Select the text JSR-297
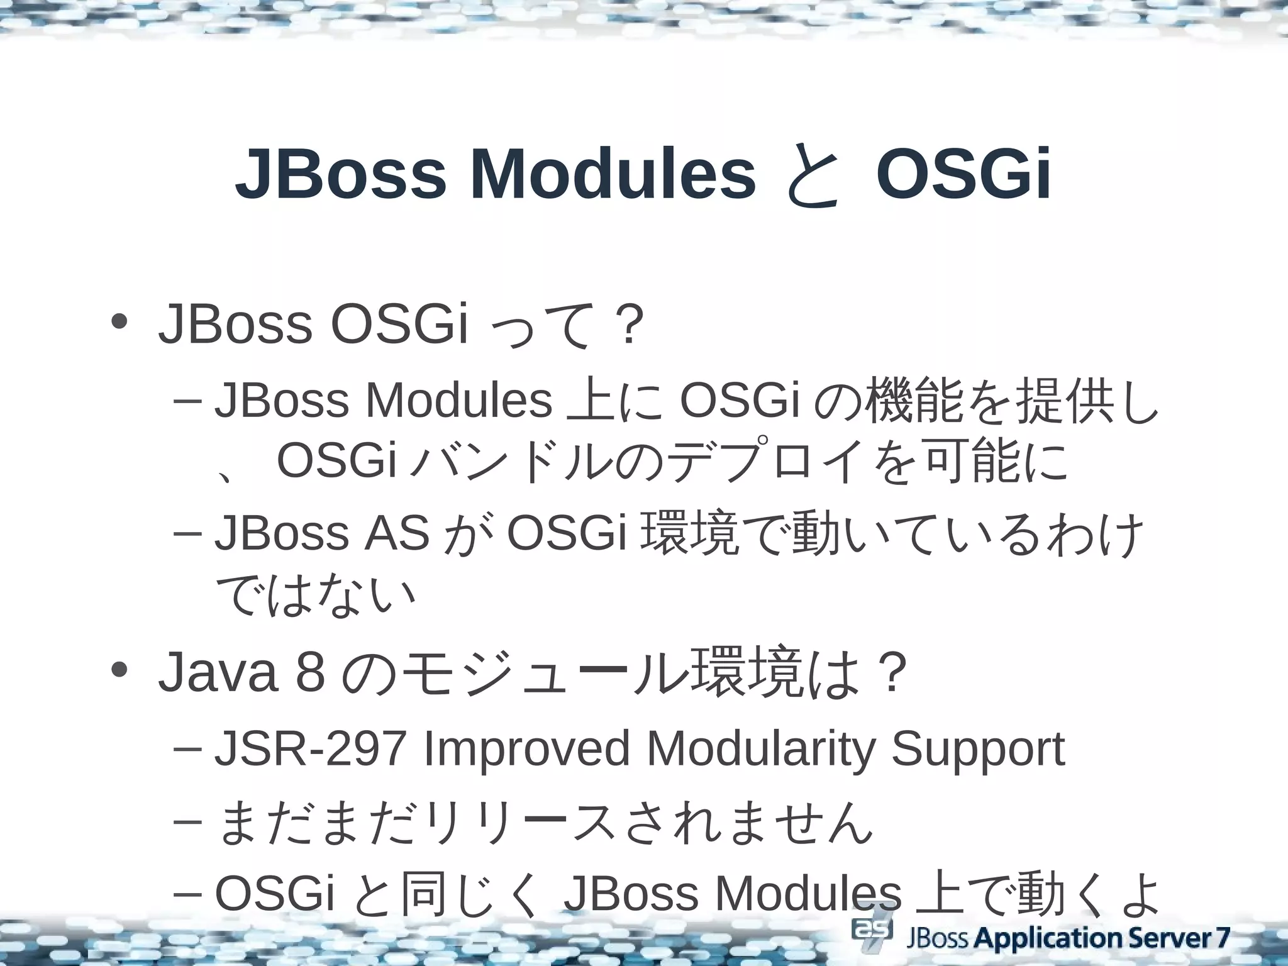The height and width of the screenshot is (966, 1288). click(x=309, y=749)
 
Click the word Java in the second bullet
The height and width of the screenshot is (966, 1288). click(x=218, y=674)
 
